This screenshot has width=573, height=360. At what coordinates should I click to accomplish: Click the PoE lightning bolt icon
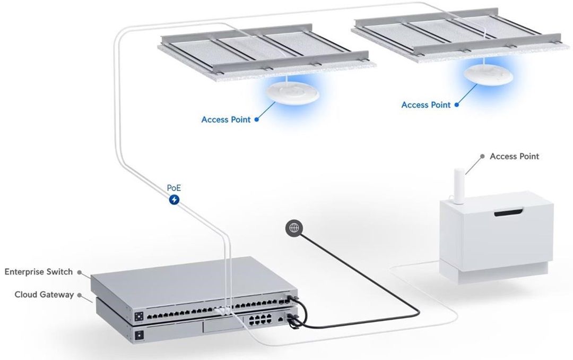coord(175,200)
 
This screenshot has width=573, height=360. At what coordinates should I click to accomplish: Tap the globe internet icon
coord(294,228)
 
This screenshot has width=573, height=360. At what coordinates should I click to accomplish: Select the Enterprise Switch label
coord(38,272)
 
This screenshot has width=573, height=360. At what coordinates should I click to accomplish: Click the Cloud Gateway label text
coord(44,295)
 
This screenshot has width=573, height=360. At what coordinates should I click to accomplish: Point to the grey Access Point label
coord(514,156)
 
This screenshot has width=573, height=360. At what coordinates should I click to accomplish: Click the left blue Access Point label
coord(226,119)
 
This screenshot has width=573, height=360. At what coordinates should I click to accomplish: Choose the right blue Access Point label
coord(426,105)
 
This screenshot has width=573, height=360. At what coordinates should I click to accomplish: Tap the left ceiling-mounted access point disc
coord(293,93)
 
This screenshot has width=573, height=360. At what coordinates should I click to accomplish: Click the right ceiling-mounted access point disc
coord(488,75)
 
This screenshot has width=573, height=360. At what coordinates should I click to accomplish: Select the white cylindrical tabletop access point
coord(458,185)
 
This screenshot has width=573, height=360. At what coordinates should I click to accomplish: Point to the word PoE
coord(174,188)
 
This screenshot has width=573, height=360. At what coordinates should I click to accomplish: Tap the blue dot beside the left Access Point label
coord(257,119)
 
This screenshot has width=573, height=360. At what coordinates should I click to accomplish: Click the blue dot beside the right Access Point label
coord(456,105)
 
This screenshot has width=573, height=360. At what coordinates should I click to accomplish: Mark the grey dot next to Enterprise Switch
coord(79,272)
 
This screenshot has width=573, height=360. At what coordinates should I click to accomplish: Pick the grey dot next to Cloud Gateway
coord(79,295)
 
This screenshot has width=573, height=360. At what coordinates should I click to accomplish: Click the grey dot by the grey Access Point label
coord(482,156)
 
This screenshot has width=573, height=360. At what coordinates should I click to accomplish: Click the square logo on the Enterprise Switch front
coord(139,316)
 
